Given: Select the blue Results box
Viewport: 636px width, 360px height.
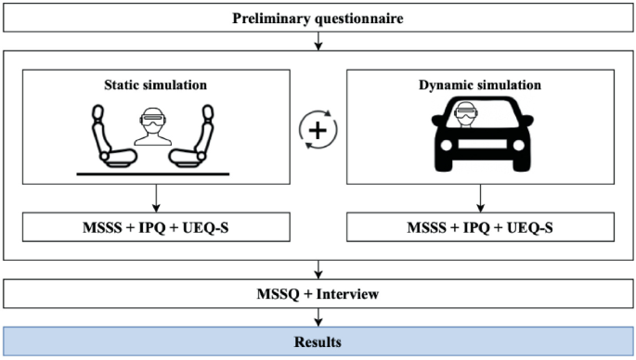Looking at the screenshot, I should click(x=318, y=342).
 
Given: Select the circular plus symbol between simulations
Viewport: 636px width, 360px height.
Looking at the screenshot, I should click(x=318, y=131).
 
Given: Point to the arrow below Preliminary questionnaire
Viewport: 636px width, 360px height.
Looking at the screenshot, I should click(x=318, y=41).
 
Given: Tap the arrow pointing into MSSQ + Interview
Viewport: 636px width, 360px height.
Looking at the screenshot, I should click(x=318, y=270).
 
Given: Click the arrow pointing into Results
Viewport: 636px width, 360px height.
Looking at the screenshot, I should click(x=318, y=318).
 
